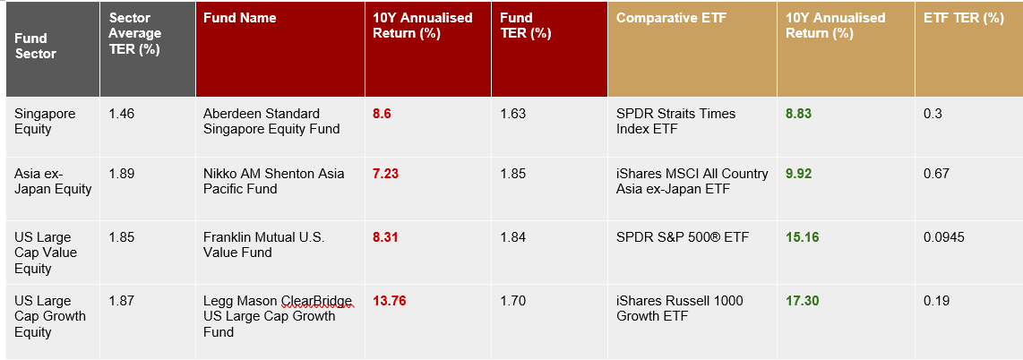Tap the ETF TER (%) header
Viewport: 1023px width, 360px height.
(964, 18)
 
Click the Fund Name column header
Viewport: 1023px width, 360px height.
(239, 18)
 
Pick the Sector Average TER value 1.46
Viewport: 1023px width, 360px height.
(122, 114)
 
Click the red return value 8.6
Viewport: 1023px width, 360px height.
(382, 114)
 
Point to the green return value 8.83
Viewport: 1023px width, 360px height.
(798, 114)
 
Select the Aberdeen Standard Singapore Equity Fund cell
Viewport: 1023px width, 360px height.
(271, 121)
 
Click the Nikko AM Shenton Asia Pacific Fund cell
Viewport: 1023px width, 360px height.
(274, 181)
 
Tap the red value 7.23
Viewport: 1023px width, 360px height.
(385, 174)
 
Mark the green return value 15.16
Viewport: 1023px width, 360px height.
(802, 237)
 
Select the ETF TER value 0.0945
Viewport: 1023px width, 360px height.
(944, 237)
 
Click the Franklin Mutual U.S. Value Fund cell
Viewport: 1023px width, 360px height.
(264, 245)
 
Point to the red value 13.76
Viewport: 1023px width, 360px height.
(389, 301)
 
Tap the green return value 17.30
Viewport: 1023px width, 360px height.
(802, 301)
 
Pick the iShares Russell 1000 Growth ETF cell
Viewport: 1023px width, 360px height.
(679, 308)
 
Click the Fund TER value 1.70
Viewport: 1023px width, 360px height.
(512, 301)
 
